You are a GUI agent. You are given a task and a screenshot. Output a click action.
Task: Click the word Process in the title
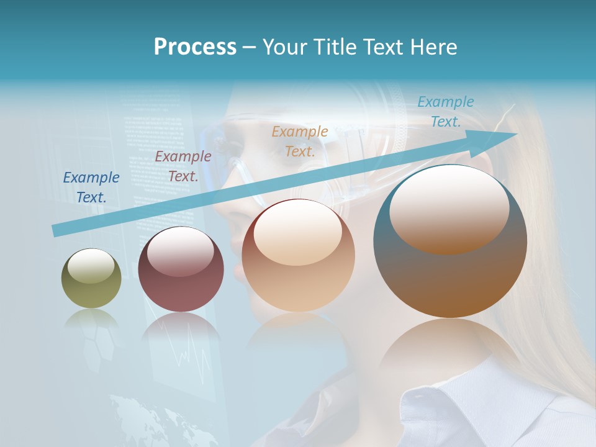tap(195, 47)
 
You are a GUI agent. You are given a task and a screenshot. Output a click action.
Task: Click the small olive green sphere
tap(91, 279)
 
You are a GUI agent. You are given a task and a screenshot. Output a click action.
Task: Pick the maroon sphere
tap(181, 269)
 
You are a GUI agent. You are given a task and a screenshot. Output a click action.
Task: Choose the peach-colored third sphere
tap(298, 256)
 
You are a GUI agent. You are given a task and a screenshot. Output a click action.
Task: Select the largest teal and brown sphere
tap(450, 242)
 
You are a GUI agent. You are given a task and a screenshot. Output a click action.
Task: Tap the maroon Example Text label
tap(183, 166)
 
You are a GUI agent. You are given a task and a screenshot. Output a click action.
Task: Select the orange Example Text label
tap(300, 142)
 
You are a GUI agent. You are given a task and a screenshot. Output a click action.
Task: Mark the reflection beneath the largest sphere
tap(450, 348)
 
